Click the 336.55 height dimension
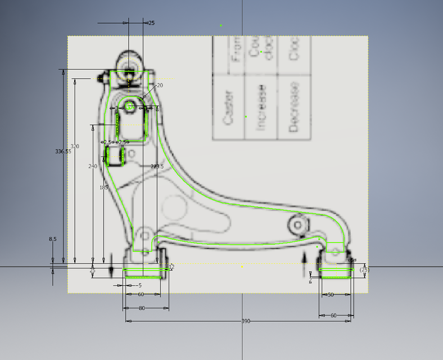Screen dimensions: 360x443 [x=63, y=151]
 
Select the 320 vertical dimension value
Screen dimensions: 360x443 [x=75, y=146]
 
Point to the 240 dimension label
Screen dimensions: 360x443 [x=93, y=166]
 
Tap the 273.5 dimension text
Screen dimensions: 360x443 [x=157, y=166]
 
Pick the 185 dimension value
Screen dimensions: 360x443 [x=104, y=187]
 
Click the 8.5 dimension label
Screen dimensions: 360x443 [x=53, y=239]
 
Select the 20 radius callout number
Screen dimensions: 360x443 [x=160, y=85]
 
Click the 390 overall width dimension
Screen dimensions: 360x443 [x=246, y=321]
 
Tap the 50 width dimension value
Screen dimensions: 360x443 [x=331, y=295]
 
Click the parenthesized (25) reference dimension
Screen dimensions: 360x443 [x=364, y=271]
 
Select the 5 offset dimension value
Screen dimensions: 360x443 [x=140, y=286]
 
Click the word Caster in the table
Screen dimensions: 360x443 [x=228, y=107]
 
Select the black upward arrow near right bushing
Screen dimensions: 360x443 [x=305, y=259]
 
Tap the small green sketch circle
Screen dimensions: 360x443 [x=129, y=106]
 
